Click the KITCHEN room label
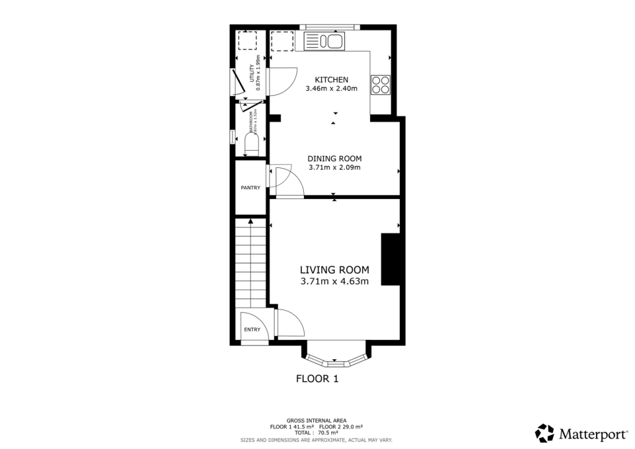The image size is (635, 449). coord(331,79)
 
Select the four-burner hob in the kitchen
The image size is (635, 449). coord(380,84)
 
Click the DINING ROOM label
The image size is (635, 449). coord(334,158)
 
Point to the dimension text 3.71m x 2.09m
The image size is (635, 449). coord(334,167)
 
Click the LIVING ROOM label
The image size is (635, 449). coord(334,270)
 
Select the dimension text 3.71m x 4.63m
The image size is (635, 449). coord(334,282)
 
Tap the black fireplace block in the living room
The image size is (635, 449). coord(390,259)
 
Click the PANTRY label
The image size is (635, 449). coord(251,187)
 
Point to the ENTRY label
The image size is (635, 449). coord(252,329)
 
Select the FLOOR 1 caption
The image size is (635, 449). coord(317,378)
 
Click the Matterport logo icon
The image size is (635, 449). coord(544,433)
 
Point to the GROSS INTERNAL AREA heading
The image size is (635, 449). coord(316,420)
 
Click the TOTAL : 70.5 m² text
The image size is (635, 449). coord(316,433)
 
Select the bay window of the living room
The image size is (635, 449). coord(335,358)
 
